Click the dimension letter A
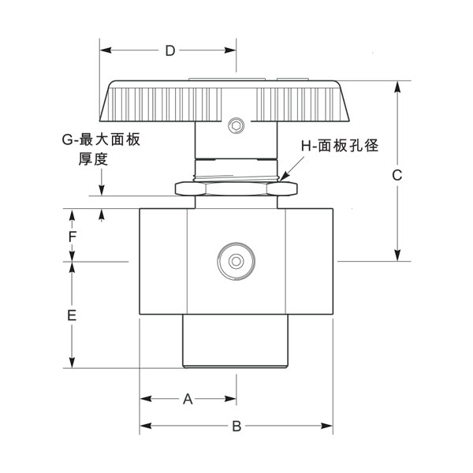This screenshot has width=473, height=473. (188, 399)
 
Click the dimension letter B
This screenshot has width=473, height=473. (236, 426)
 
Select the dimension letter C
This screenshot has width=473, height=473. (397, 174)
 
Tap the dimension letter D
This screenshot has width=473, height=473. (169, 51)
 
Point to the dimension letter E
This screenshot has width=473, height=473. (71, 315)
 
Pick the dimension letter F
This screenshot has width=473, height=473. (71, 236)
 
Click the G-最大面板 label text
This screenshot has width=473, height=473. (101, 140)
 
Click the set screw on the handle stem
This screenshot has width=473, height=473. (235, 125)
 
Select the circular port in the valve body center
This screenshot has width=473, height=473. (235, 261)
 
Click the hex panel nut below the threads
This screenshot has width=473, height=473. (236, 188)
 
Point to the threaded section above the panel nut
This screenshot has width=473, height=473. (236, 169)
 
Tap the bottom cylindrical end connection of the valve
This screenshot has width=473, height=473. (236, 341)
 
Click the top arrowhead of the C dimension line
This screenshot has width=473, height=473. (397, 83)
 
